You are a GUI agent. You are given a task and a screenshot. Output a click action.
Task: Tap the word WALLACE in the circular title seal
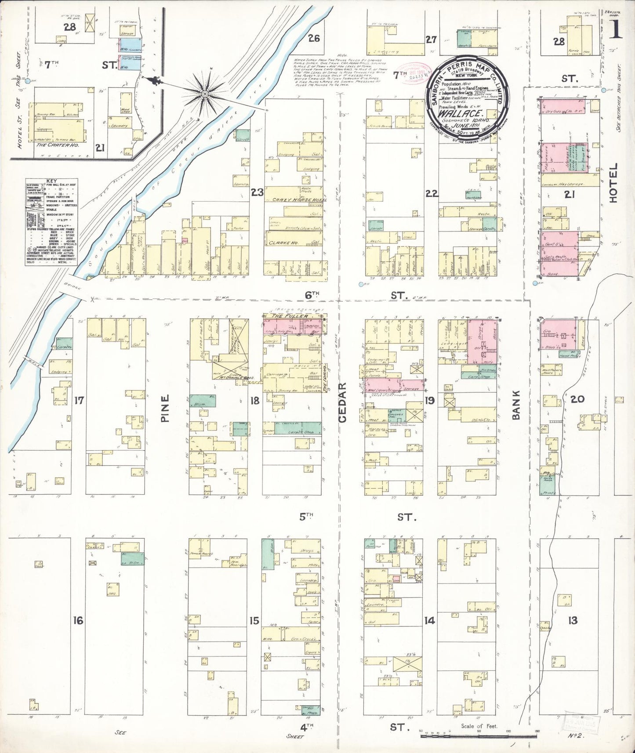467,112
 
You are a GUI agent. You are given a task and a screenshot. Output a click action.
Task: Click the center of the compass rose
205,94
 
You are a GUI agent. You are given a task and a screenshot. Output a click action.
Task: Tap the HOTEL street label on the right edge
613,183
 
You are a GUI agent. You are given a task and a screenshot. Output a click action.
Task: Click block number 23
257,192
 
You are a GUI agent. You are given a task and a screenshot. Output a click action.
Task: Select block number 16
78,620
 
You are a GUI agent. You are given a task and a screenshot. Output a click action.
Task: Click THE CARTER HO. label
57,145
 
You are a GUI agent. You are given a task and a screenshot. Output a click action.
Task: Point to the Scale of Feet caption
479,726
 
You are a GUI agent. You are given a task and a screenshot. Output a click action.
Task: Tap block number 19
429,400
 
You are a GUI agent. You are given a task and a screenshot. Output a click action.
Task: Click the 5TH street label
306,517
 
